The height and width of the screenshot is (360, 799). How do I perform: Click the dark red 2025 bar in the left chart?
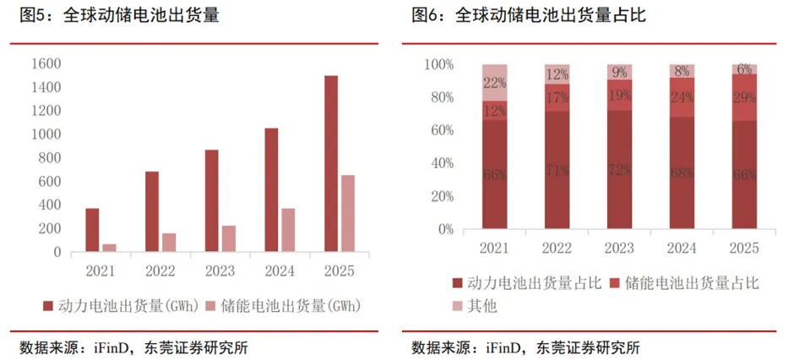pyautogui.click(x=331, y=163)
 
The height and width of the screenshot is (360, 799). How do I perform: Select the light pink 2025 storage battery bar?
pyautogui.click(x=348, y=213)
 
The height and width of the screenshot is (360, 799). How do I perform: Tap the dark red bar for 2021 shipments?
pyautogui.click(x=92, y=230)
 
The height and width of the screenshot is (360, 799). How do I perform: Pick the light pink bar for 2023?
pyautogui.click(x=228, y=238)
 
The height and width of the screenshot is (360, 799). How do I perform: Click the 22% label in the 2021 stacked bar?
pyautogui.click(x=494, y=82)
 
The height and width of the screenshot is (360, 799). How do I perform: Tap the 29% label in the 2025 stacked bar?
pyautogui.click(x=744, y=98)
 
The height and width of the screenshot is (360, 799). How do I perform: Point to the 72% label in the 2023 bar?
pyautogui.click(x=619, y=171)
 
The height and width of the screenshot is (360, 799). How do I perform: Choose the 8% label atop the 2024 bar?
pyautogui.click(x=682, y=71)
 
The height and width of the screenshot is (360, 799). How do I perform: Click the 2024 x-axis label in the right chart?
pyautogui.click(x=682, y=248)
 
